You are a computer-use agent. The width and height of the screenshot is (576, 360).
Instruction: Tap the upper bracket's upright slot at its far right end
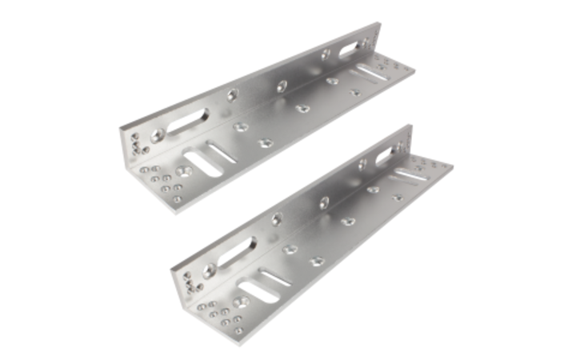coord(350,50)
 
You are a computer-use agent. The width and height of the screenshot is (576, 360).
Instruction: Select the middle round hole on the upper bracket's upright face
coord(282,86)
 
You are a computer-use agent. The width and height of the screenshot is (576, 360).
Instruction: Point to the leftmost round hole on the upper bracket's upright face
coord(232,95)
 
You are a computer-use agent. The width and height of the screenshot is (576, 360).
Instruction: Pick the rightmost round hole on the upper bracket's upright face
coord(326,55)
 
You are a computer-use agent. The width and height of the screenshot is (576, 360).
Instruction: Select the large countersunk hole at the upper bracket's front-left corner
coord(185,171)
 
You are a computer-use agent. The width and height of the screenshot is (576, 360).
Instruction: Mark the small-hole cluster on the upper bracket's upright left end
coord(140,143)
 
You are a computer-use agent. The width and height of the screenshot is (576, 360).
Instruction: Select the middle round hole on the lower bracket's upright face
coord(324,203)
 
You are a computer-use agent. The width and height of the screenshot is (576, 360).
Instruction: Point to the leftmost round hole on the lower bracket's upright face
coord(277,220)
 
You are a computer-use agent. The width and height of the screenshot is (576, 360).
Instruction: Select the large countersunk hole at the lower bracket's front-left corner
coord(239,302)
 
